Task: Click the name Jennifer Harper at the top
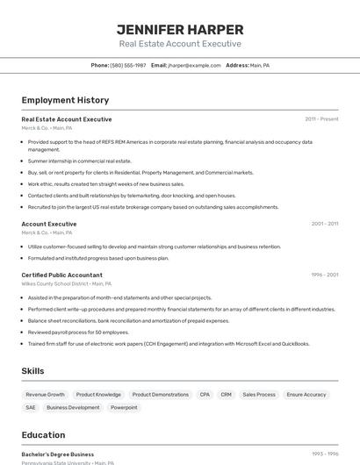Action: point(179,29)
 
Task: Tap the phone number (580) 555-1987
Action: point(128,66)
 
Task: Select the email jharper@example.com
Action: point(194,66)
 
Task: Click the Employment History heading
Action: point(65,100)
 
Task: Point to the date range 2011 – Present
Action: point(321,119)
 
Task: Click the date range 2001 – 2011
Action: point(324,224)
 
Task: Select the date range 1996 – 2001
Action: point(324,275)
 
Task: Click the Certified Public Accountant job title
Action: point(61,275)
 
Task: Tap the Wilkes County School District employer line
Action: point(67,283)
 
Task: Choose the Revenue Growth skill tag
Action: point(45,395)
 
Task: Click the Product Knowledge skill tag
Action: point(98,395)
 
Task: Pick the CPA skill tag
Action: point(205,395)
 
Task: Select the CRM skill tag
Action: point(226,395)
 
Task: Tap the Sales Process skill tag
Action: point(259,395)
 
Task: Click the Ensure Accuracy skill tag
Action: point(306,395)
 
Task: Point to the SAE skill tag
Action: point(31,407)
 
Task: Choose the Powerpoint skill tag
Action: point(124,407)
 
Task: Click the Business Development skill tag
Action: point(73,407)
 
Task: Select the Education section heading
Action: point(43,435)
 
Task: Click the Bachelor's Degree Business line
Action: point(57,454)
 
